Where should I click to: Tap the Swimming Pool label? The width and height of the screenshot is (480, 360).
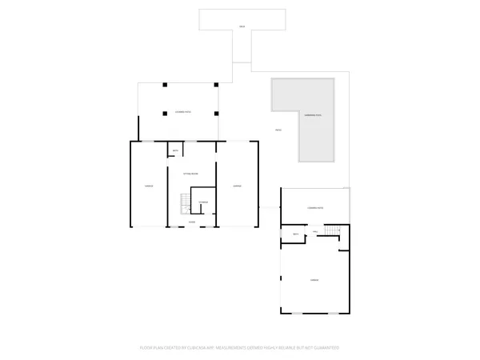coord(313,116)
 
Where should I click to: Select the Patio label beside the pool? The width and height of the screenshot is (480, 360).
coord(278,130)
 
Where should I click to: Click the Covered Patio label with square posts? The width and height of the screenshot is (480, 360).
coord(182,113)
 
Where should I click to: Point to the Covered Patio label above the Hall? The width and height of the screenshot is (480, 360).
coord(315,208)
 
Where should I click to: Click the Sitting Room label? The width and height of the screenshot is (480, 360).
coord(190,173)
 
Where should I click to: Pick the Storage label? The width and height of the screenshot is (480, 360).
coord(203,202)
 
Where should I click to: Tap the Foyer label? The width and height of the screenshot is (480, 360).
coord(192,222)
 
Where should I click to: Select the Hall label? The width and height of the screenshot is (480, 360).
coord(315,232)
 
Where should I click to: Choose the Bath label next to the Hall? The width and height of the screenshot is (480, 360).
coord(295,234)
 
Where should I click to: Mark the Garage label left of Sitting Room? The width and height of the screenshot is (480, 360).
coord(149,186)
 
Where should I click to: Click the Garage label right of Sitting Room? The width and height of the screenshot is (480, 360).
coord(237,186)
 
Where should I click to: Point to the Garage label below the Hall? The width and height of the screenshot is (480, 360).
coord(315,279)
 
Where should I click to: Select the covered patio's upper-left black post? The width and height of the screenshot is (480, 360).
coord(163,84)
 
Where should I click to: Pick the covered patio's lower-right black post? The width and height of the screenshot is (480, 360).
coord(216,113)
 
